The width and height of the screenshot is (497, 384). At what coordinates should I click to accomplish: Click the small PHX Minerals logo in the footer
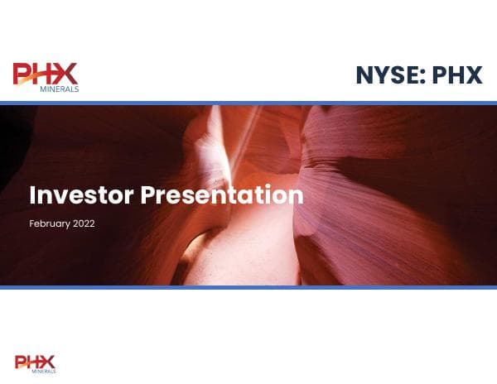(x=34, y=362)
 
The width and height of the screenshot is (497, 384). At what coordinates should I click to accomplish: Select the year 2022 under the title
(x=84, y=223)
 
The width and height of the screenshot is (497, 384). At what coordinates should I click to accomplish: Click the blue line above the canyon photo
(x=248, y=103)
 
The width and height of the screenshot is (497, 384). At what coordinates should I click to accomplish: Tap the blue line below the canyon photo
(x=248, y=287)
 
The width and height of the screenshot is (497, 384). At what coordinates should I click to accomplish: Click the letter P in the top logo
(x=22, y=74)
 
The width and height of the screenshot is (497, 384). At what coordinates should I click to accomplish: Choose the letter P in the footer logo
(x=20, y=361)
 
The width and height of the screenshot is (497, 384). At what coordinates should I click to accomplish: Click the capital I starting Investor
(x=33, y=195)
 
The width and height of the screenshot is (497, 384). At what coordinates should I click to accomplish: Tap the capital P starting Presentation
(x=147, y=195)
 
